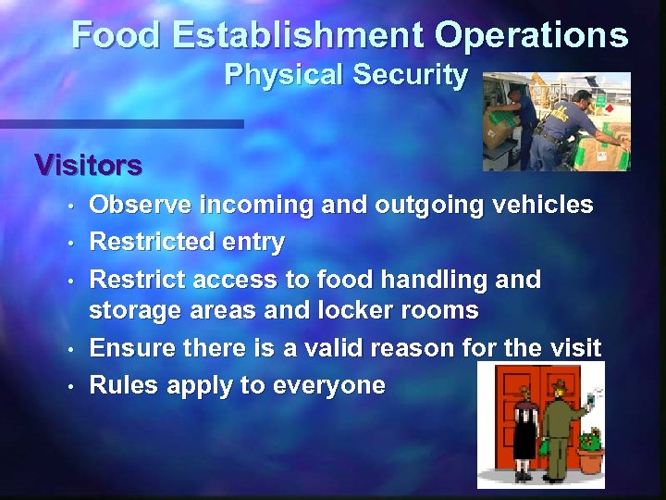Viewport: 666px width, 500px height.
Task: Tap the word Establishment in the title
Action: tap(298, 35)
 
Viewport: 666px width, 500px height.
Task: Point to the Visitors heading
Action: tap(88, 165)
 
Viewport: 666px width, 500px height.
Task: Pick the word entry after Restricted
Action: tap(253, 243)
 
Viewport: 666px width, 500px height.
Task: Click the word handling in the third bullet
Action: tap(435, 279)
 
